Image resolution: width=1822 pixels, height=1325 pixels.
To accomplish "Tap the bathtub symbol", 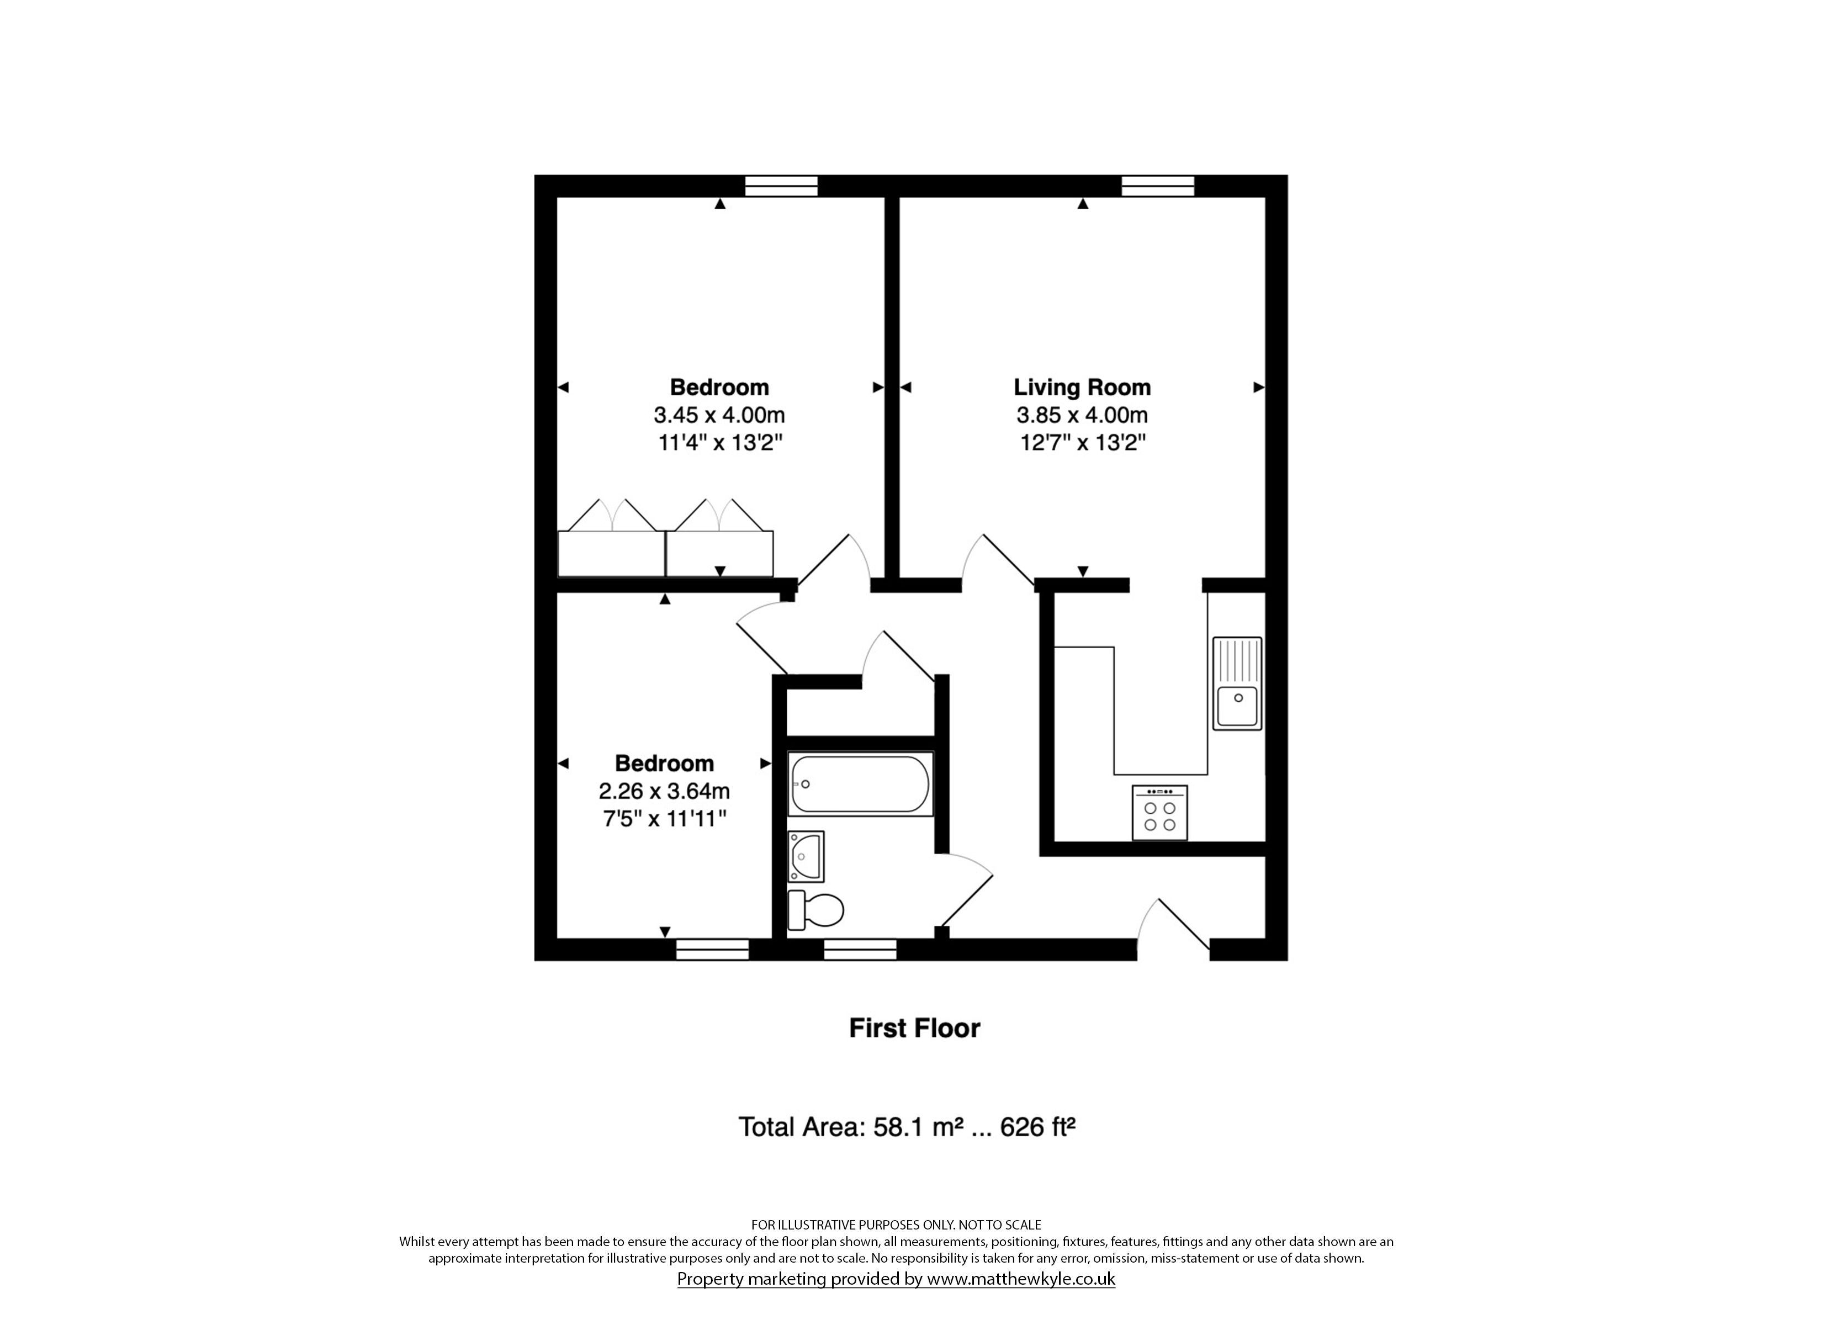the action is click(x=860, y=783).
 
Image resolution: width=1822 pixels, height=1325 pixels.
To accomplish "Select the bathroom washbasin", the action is click(x=806, y=856).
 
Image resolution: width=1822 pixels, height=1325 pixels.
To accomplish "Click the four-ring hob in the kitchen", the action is click(x=1159, y=812).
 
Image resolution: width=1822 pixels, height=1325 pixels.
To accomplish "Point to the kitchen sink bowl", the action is click(x=1237, y=706).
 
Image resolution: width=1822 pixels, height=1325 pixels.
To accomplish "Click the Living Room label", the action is click(x=1082, y=388).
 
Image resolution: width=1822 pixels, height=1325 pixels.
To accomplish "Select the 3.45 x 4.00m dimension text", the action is click(x=719, y=415).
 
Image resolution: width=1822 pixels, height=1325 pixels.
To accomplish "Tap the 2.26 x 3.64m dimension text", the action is click(x=664, y=792).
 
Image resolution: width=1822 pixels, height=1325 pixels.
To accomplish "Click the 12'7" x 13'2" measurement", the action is click(x=1082, y=443).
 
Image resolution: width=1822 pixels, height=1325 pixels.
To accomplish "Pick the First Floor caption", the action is click(x=915, y=1029).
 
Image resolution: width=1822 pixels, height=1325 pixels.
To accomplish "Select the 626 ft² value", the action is click(x=1037, y=1127).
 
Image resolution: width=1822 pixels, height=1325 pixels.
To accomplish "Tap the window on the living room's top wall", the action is click(x=1158, y=185).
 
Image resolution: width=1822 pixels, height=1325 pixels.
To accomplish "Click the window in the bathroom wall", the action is click(x=860, y=950).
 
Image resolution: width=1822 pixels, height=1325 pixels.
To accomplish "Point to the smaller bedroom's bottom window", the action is click(x=713, y=950).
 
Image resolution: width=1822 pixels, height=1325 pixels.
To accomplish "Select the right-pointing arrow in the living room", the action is click(x=1259, y=388).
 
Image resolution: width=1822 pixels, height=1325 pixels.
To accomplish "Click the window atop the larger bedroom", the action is click(x=781, y=185).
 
